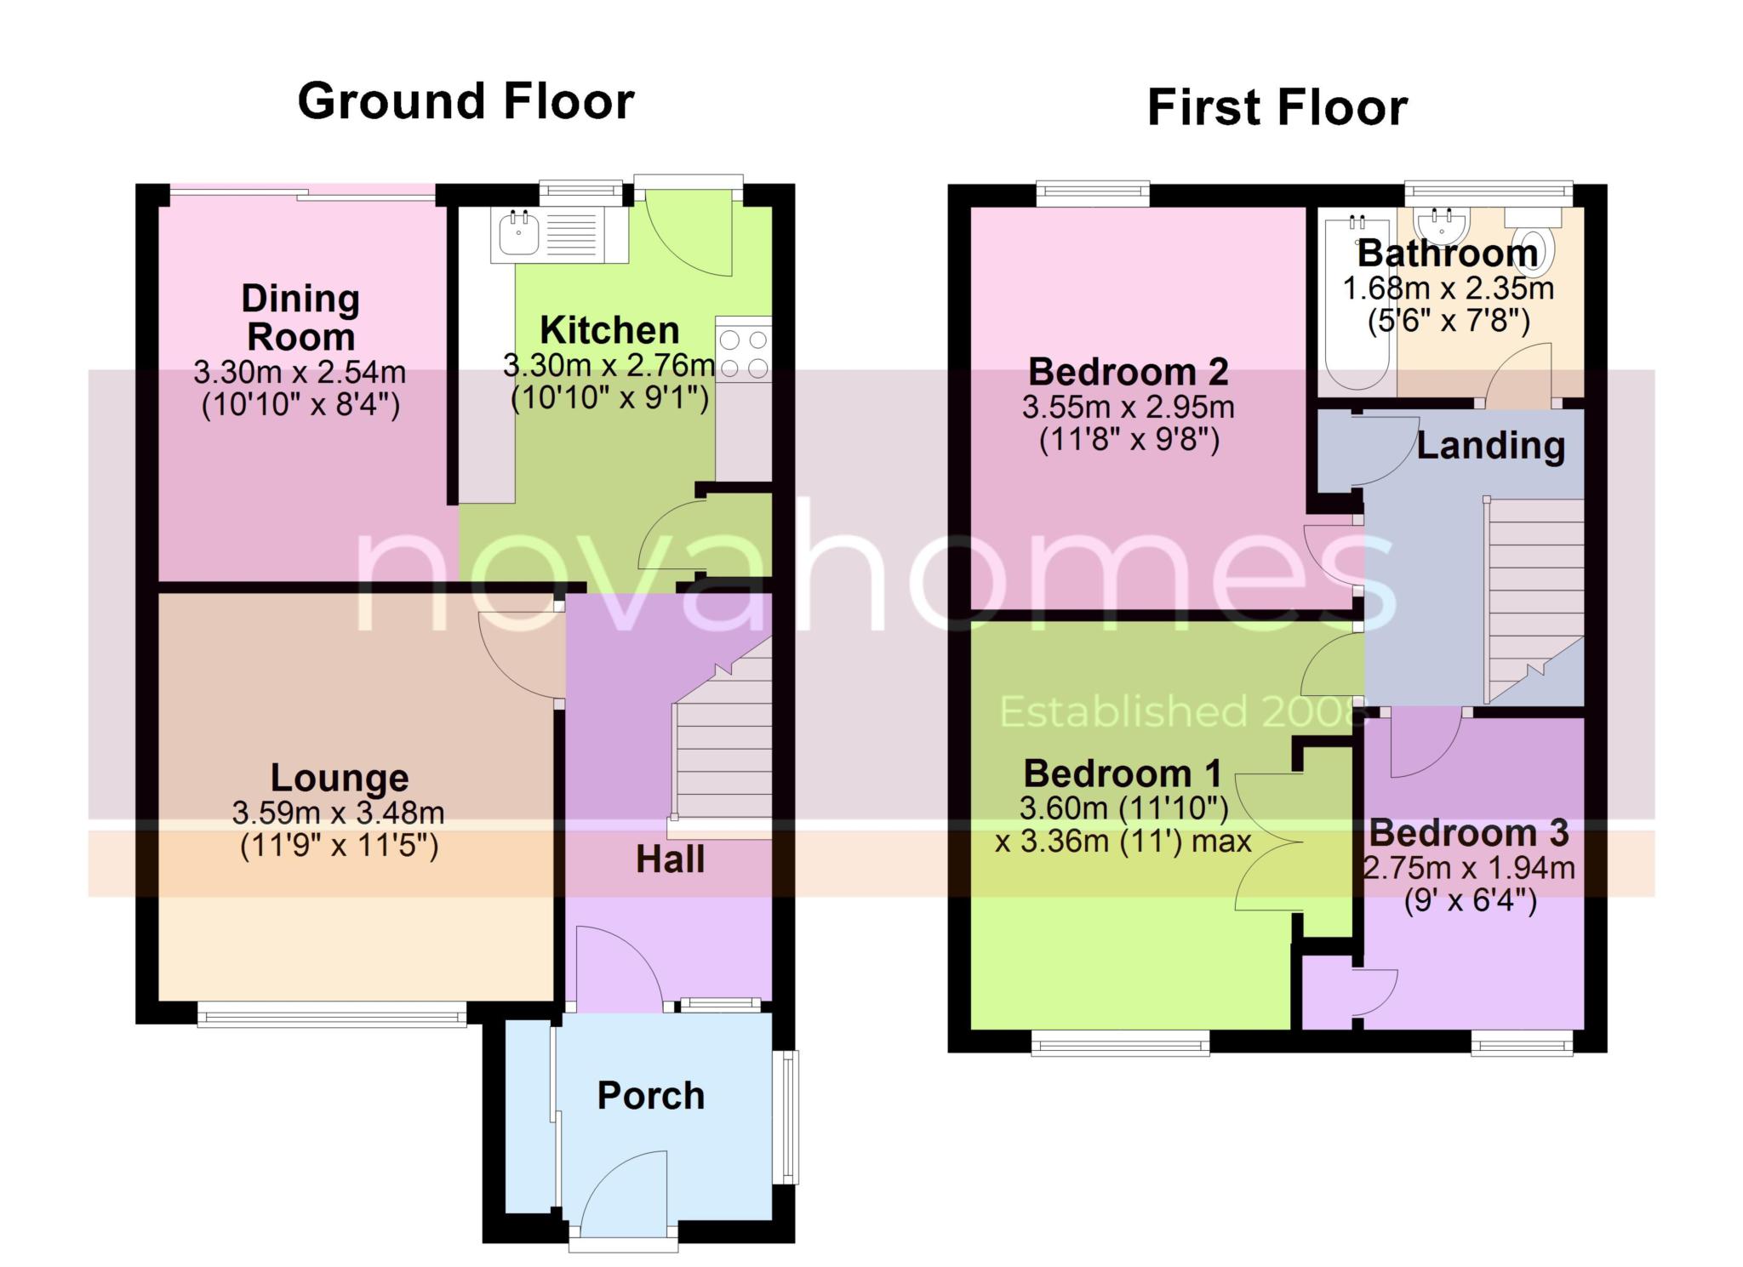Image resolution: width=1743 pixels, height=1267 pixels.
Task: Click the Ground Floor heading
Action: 466,101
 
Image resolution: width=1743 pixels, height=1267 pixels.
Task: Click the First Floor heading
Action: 1277,108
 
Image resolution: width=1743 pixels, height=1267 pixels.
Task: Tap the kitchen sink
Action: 557,234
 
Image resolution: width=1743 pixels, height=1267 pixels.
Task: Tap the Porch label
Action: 651,1096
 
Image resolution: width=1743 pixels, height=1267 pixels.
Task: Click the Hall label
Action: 671,860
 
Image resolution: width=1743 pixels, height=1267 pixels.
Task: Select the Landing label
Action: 1491,446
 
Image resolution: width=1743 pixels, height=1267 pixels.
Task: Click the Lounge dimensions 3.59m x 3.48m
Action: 339,813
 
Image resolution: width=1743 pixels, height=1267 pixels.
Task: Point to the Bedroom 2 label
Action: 1129,372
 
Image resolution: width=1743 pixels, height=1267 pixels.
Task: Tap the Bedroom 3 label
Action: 1469,833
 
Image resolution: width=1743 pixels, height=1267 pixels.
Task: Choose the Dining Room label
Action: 300,317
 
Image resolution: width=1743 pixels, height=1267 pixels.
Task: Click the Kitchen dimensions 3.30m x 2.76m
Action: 609,366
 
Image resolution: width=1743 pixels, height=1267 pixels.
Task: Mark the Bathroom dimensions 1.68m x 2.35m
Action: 1449,288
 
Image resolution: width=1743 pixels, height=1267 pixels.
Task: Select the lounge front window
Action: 332,1014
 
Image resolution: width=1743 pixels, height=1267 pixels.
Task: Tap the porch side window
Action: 791,1116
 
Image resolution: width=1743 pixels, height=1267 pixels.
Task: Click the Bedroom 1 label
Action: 1123,773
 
